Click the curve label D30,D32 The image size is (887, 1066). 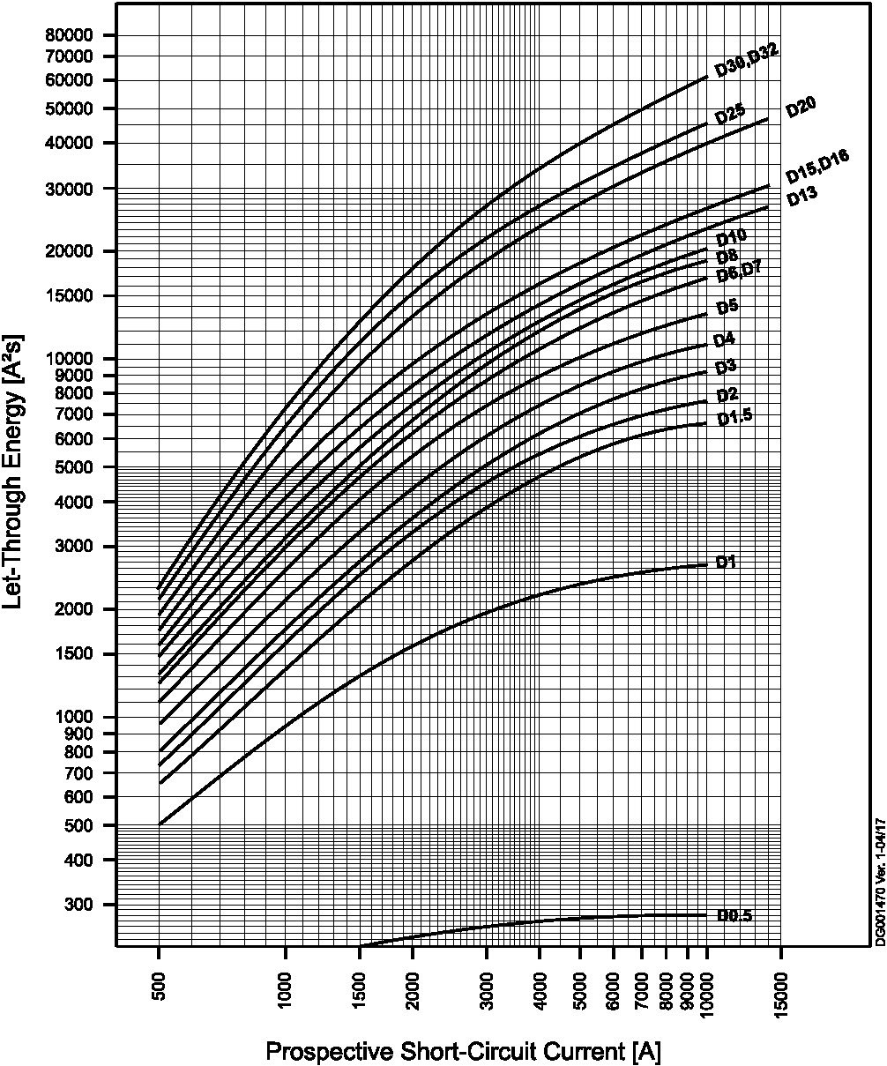click(746, 59)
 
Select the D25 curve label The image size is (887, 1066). click(730, 114)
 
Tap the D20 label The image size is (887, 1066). click(801, 108)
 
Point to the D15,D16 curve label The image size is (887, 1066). click(817, 163)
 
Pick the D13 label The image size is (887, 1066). click(802, 198)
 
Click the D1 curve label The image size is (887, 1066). click(726, 562)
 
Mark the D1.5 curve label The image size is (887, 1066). click(734, 418)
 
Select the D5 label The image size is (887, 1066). click(727, 308)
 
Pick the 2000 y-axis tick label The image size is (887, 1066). click(77, 609)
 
